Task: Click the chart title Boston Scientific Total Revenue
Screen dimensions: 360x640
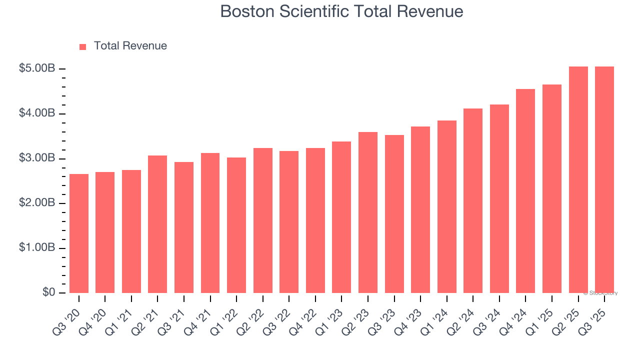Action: pos(341,11)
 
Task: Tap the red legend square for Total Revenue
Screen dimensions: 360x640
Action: pos(83,46)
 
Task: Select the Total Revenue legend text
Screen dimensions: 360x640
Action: pos(130,46)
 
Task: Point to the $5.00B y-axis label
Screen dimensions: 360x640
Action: pos(36,68)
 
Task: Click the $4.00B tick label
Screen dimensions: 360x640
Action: pos(36,113)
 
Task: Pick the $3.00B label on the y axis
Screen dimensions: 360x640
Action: pos(36,158)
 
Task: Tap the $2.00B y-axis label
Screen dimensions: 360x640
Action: pos(36,203)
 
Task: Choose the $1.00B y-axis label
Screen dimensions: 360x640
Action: pos(36,248)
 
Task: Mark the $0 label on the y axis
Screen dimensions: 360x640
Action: pos(48,292)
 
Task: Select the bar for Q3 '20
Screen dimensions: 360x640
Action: pos(79,233)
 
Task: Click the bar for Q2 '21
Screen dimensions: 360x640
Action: pos(157,224)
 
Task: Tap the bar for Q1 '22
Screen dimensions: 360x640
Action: pos(236,225)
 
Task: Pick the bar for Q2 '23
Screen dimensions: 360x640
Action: pos(368,212)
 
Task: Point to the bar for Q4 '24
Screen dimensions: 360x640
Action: pos(525,191)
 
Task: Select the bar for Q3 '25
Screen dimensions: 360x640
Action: pos(604,180)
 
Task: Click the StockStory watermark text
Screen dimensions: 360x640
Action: pos(600,293)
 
